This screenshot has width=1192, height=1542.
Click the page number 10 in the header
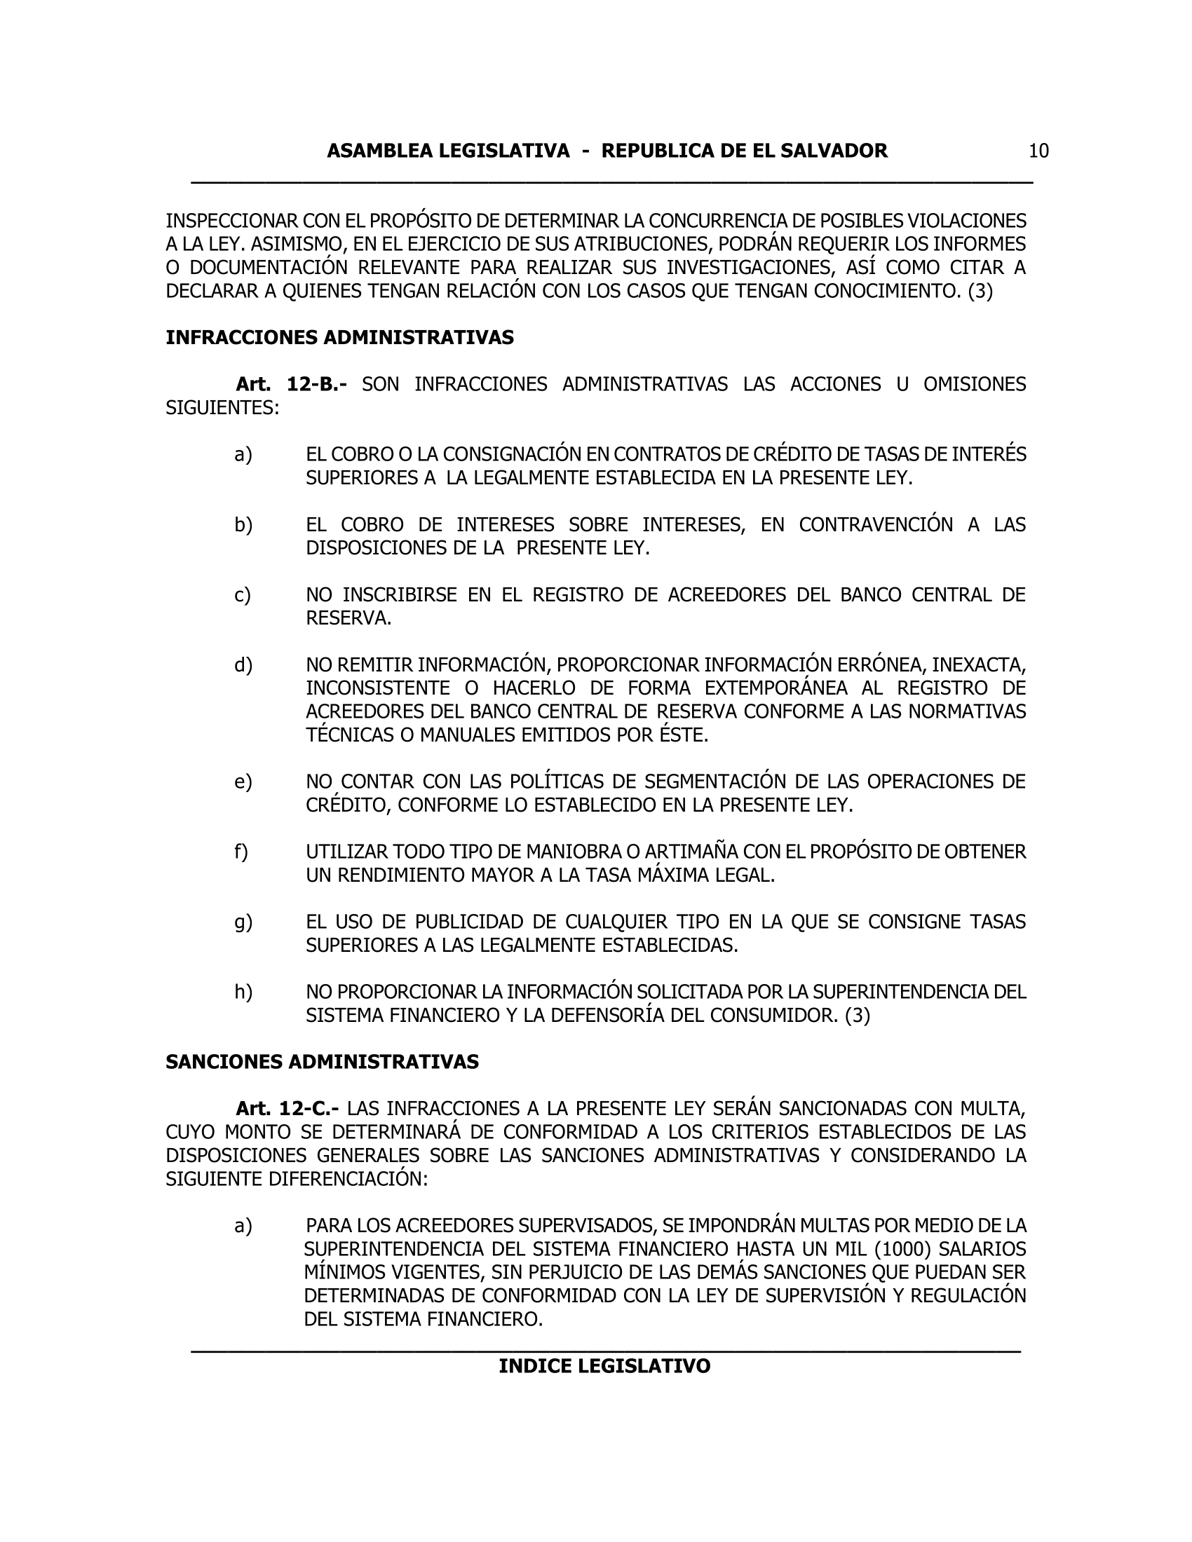(x=1038, y=151)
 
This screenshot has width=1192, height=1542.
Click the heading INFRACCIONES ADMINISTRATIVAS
(x=339, y=338)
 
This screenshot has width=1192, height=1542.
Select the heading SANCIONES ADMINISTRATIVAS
(x=322, y=1062)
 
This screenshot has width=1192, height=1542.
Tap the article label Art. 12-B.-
(x=291, y=384)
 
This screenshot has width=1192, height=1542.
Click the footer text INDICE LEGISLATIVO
(x=604, y=1366)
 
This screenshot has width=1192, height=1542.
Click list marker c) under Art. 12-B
(x=242, y=595)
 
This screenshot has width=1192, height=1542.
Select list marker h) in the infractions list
(x=243, y=992)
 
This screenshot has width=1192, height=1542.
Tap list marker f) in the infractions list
(x=241, y=852)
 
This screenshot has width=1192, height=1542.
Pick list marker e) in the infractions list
(x=243, y=782)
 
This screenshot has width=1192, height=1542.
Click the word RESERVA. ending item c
(x=348, y=618)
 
